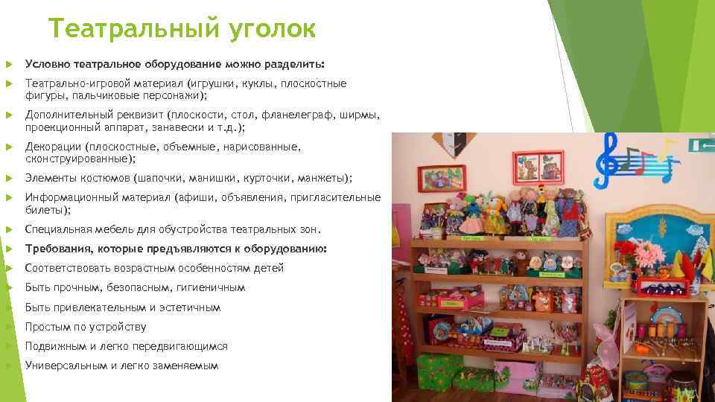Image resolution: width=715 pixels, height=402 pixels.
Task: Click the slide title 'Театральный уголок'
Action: click(x=182, y=29)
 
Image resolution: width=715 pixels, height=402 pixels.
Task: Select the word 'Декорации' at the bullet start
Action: click(x=53, y=147)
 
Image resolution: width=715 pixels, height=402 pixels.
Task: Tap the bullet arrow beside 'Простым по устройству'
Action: click(x=8, y=327)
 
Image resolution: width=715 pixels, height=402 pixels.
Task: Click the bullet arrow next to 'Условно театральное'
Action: click(x=8, y=63)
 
